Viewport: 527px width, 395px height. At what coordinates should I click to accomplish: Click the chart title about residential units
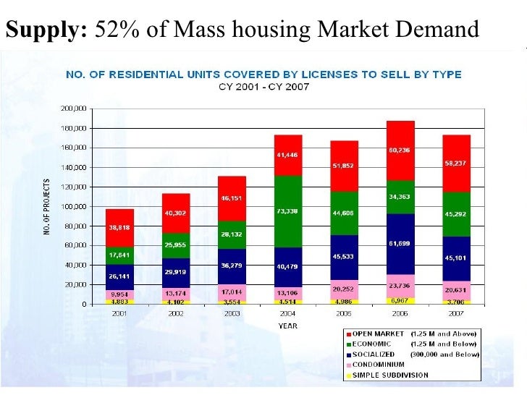263,75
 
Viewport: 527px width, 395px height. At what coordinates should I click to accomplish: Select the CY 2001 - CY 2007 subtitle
263,86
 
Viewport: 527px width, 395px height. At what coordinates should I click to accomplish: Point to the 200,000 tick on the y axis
73,109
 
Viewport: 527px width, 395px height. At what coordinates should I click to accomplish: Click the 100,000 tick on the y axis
73,207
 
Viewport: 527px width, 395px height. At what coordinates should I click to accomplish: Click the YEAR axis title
287,325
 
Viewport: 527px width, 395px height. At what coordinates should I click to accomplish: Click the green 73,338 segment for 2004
287,211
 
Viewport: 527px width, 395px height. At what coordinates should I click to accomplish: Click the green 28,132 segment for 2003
232,234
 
